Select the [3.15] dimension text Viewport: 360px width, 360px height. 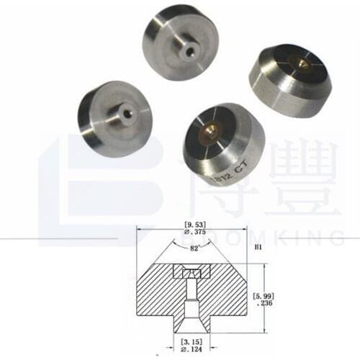point(189,342)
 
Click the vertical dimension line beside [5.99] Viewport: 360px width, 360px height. point(264,295)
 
